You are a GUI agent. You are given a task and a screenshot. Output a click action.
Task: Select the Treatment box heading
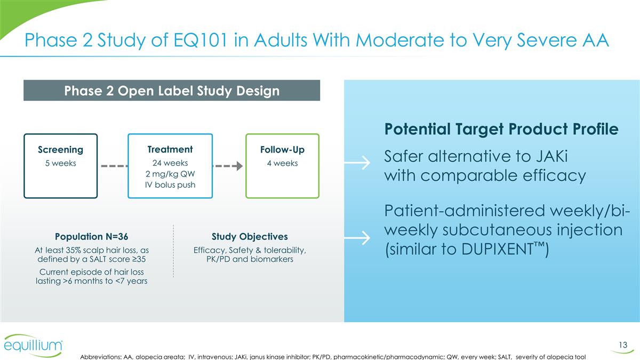pos(170,149)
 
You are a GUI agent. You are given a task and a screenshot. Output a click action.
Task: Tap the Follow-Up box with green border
pos(282,166)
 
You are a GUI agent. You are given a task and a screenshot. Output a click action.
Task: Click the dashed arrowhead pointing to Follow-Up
pos(239,166)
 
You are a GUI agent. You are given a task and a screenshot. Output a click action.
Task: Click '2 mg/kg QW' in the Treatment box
pos(170,174)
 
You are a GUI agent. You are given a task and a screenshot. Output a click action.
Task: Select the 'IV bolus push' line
pos(170,185)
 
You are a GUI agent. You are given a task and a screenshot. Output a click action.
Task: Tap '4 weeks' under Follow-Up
pos(282,163)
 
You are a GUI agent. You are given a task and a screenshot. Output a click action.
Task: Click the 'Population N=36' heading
pos(91,236)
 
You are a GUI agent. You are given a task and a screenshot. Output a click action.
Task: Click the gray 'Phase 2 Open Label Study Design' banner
pos(171,91)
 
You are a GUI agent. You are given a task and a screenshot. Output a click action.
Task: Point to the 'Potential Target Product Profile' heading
pos(501,130)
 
